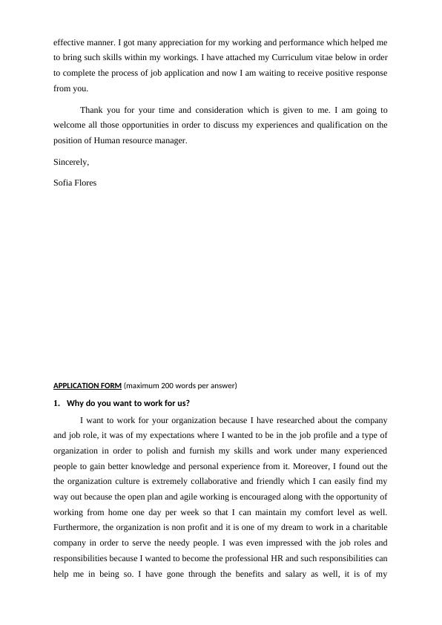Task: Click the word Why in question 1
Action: (76, 403)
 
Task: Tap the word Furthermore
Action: (77, 527)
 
